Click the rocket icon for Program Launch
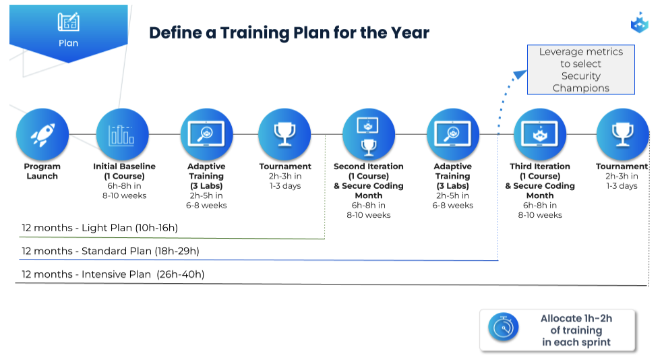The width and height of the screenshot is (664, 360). click(42, 135)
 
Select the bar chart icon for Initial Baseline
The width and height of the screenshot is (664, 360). click(123, 135)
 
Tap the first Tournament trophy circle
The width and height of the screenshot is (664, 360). click(284, 135)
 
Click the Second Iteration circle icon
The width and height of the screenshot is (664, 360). click(369, 135)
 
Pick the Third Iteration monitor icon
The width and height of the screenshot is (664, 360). click(540, 135)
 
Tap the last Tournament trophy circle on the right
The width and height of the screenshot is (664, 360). click(622, 135)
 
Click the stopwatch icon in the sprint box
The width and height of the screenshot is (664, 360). click(504, 328)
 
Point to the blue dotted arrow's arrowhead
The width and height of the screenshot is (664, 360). click(520, 75)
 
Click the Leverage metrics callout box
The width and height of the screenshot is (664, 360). click(581, 69)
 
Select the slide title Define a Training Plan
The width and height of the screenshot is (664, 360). click(289, 32)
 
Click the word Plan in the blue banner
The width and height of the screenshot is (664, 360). click(68, 43)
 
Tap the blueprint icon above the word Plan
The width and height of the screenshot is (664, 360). click(69, 22)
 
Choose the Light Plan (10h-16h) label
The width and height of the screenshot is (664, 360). click(100, 228)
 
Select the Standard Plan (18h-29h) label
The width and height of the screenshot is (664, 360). click(111, 251)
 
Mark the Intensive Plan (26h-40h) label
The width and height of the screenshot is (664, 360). click(113, 274)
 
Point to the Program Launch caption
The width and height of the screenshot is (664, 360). click(42, 171)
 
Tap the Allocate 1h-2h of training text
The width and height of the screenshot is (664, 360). click(576, 324)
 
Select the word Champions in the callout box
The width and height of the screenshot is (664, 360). click(581, 88)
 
